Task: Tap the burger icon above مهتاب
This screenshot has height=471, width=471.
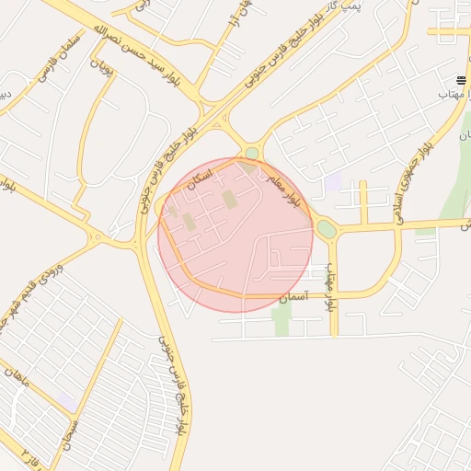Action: coord(460,80)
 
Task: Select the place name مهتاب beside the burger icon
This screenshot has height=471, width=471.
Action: coord(454,93)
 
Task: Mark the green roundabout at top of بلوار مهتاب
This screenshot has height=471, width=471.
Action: coord(327,228)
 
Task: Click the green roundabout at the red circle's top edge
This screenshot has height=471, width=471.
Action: coord(251,154)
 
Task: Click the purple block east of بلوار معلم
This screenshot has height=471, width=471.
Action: coord(332,182)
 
